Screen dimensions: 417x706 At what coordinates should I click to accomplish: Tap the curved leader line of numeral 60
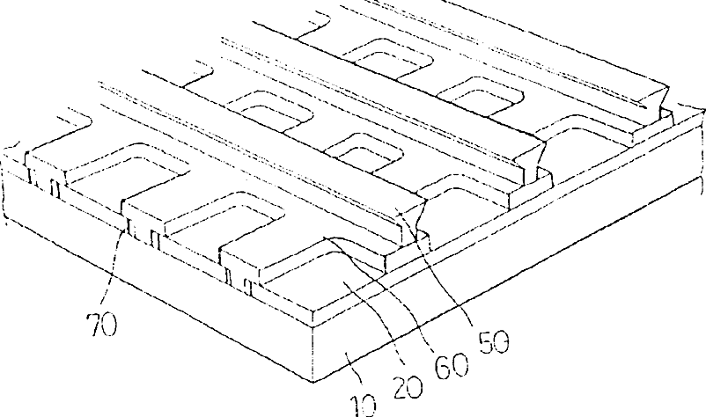(x=387, y=282)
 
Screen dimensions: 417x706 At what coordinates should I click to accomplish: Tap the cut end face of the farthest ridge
(x=658, y=101)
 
